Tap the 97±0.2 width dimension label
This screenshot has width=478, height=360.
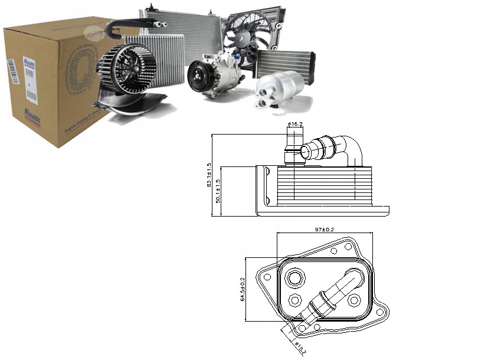(x=325, y=229)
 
